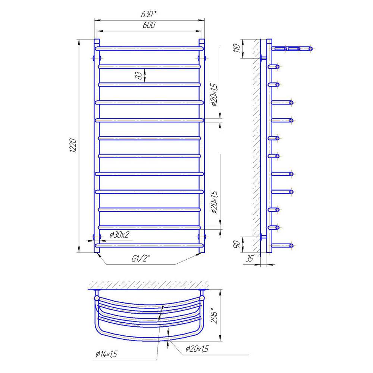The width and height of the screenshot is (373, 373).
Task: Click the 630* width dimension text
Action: click(149, 14)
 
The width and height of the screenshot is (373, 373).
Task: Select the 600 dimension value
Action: click(149, 25)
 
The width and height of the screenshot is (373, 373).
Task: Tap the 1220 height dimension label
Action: click(73, 145)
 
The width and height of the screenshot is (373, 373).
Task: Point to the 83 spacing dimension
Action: click(140, 75)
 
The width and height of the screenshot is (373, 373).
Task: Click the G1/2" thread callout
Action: click(141, 258)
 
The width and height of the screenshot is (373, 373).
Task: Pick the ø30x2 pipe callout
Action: click(119, 235)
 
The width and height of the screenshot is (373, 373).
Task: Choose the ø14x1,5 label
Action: click(107, 354)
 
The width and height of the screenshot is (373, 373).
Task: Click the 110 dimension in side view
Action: click(237, 48)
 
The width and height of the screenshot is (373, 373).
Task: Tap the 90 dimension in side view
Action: click(236, 244)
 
